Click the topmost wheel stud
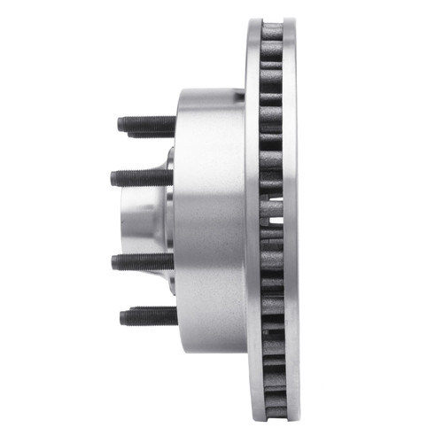tap(146, 125)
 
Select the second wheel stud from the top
tap(142, 177)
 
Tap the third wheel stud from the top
tap(142, 261)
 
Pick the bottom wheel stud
tap(146, 315)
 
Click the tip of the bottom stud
tap(122, 315)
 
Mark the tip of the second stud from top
tap(113, 178)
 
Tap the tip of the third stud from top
tap(113, 261)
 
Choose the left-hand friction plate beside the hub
tap(252, 221)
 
